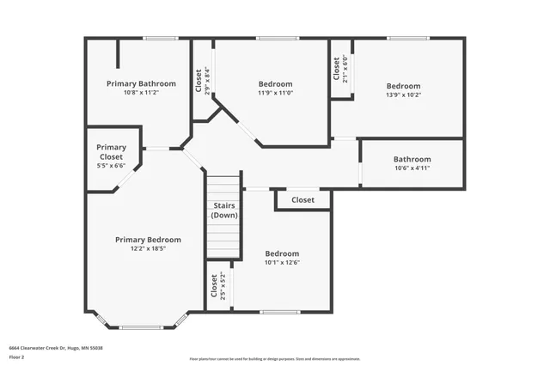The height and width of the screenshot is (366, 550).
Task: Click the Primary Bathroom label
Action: (141, 83)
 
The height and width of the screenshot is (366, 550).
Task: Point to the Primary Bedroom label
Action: (148, 240)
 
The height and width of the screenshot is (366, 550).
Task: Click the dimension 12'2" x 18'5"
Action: (148, 248)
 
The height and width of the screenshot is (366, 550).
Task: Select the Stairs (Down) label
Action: (224, 210)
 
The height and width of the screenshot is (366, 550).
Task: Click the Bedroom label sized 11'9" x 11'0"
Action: (275, 83)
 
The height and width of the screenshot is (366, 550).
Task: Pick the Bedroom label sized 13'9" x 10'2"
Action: (403, 86)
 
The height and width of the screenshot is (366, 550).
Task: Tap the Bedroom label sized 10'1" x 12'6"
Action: (282, 253)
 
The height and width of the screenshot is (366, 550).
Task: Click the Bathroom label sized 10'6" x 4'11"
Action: (412, 159)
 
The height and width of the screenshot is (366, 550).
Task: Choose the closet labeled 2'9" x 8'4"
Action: (202, 80)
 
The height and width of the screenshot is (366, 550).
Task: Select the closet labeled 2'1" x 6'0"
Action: (340, 69)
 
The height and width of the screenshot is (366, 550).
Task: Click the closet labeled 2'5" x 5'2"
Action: (217, 284)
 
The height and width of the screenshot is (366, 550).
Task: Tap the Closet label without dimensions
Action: (302, 200)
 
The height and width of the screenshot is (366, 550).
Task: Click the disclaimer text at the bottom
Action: (275, 359)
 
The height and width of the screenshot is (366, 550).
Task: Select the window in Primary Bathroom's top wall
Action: (161, 38)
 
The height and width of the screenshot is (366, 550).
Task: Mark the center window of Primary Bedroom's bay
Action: (140, 327)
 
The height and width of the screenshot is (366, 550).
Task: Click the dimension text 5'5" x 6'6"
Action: (111, 167)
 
